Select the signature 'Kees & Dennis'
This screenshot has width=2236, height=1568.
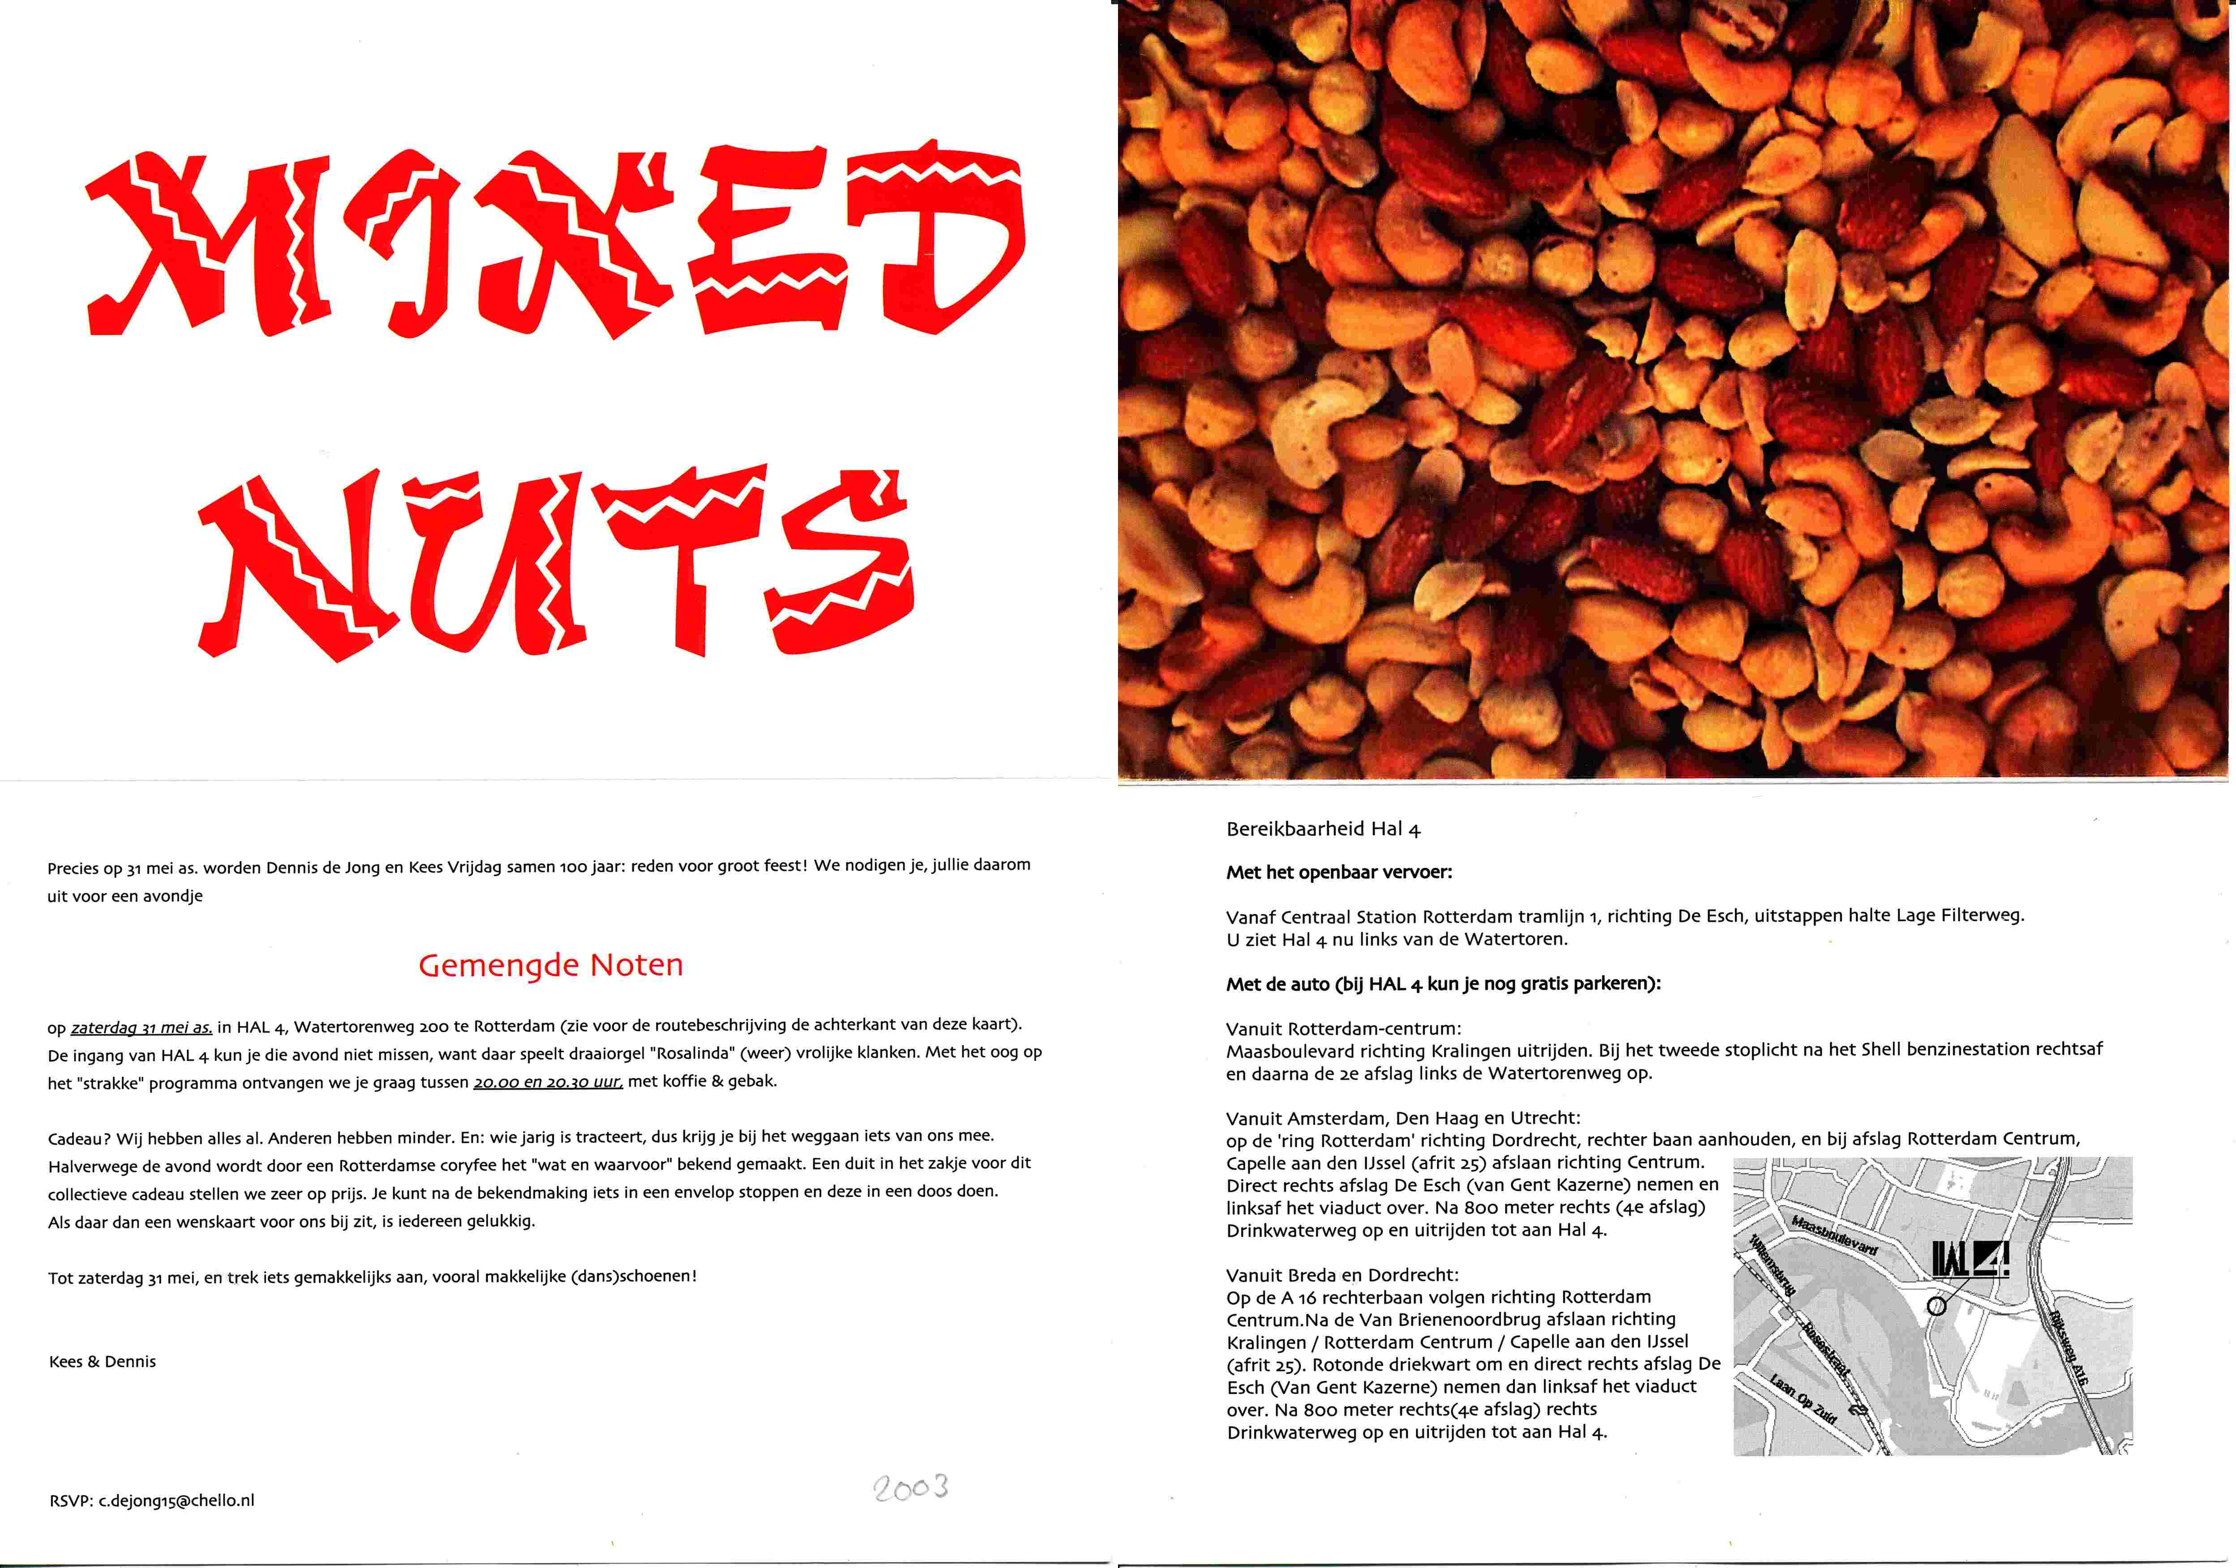102,1361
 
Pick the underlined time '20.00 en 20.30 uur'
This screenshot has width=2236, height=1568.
547,1081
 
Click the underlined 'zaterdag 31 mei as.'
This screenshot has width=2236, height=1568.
141,1026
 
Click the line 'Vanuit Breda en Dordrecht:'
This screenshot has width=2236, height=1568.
1342,1275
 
